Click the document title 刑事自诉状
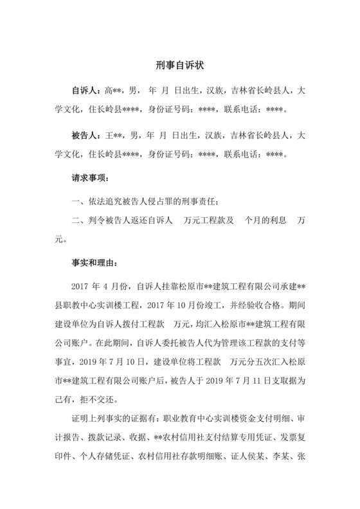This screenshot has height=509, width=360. [179, 65]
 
